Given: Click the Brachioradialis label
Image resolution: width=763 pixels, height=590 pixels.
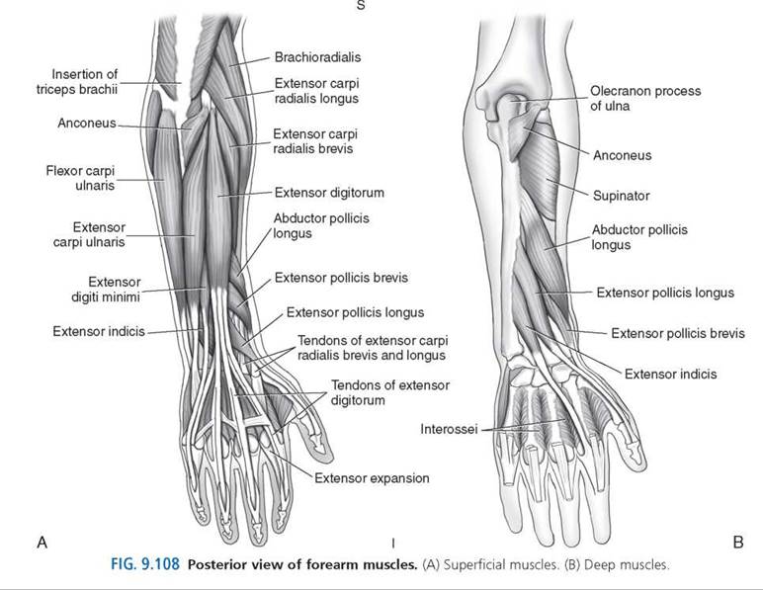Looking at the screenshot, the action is (318, 57).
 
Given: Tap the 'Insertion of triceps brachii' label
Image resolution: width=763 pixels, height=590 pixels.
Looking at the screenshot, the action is (77, 82).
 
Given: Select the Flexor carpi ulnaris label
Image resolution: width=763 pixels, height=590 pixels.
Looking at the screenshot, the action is (80, 178).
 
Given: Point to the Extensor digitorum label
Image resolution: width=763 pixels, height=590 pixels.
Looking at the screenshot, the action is (329, 193).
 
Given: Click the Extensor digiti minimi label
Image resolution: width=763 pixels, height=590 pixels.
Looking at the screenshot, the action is (106, 290).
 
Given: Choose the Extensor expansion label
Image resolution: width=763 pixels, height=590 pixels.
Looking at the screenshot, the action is (372, 478).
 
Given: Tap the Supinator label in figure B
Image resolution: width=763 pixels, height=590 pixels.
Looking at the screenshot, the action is (622, 196).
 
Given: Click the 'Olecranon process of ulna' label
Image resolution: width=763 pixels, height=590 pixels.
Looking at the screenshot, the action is (645, 98).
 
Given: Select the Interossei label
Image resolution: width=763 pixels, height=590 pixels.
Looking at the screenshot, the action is (449, 430).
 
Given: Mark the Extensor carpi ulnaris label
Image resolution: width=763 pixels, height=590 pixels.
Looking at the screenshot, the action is (89, 234).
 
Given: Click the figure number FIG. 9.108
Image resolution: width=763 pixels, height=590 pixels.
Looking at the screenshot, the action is (145, 564).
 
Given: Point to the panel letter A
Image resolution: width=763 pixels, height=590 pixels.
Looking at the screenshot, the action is (42, 542).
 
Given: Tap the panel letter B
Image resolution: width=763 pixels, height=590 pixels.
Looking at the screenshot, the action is (737, 542).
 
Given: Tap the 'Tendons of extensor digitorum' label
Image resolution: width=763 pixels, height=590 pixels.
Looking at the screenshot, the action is (390, 392).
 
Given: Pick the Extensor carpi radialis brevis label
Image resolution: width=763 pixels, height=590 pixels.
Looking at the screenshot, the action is (315, 141).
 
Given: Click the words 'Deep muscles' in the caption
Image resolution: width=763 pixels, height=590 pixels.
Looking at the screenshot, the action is (627, 564).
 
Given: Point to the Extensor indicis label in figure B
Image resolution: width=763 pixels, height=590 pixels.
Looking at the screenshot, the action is (670, 374).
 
